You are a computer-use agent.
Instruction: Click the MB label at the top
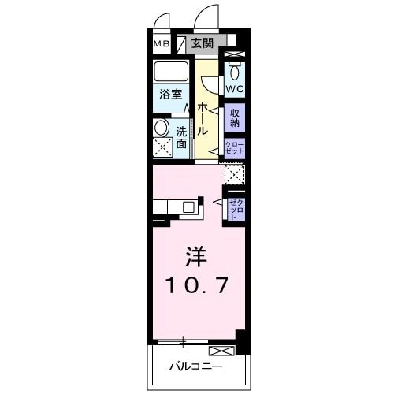161,43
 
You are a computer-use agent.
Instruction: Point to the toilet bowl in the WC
235,66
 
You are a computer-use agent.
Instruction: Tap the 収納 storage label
235,118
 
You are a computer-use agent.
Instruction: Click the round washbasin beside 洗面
162,128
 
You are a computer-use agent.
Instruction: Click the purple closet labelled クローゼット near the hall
235,148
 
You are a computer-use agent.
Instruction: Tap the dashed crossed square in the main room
234,174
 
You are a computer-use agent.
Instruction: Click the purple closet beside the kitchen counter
236,209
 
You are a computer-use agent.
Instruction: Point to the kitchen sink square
189,208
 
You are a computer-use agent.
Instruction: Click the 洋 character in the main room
196,257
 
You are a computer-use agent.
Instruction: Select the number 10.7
197,284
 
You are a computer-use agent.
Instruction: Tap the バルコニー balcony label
196,366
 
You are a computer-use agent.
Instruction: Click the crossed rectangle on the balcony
221,349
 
